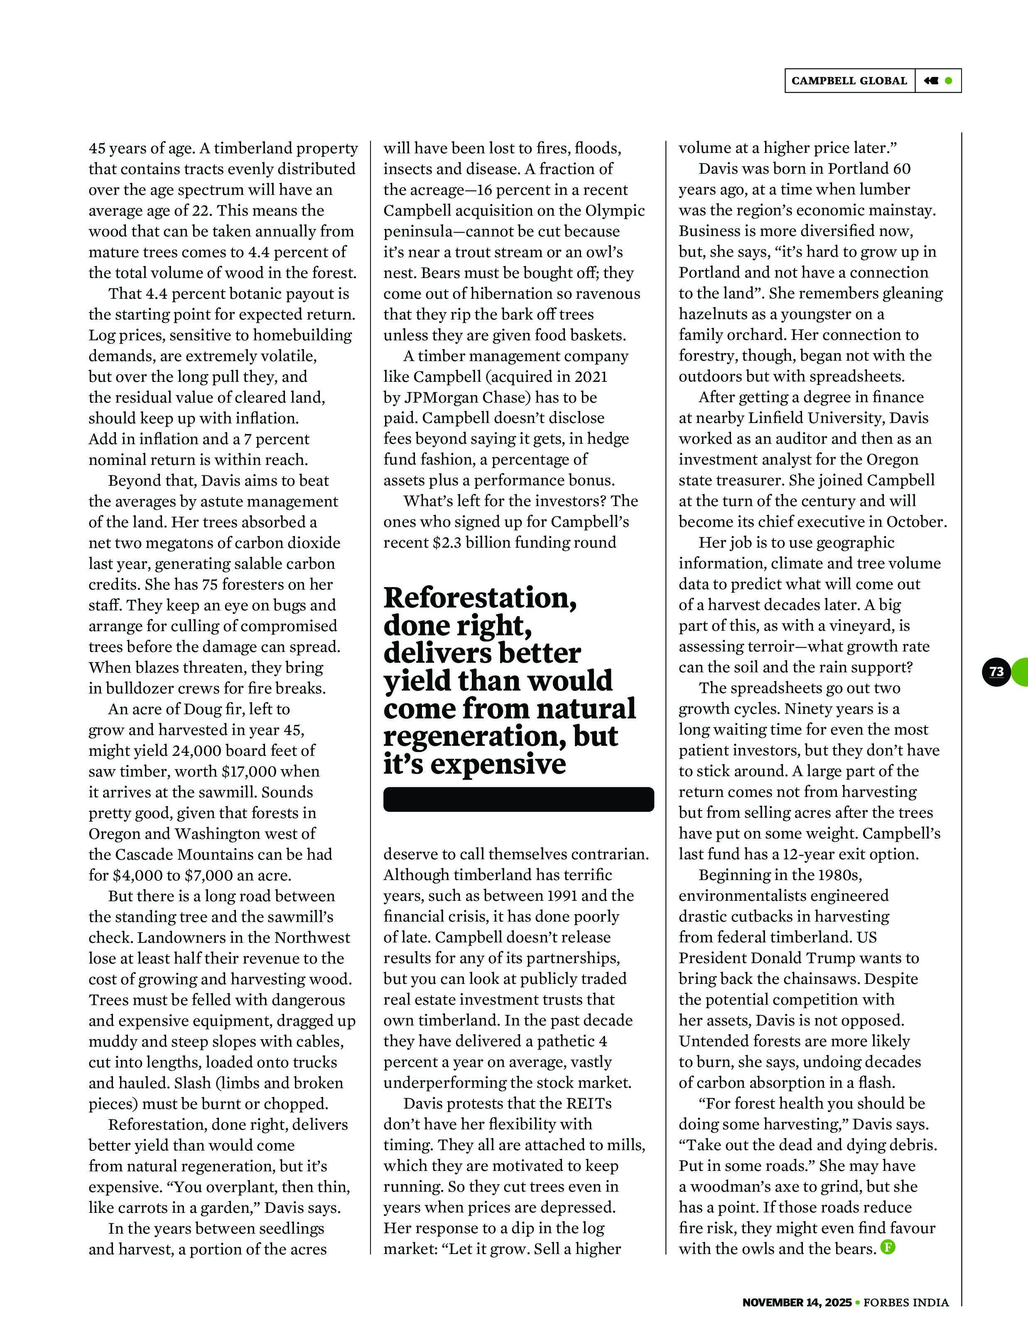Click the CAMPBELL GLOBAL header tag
point(849,81)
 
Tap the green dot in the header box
point(948,81)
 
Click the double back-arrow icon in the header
point(931,81)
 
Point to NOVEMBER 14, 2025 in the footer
point(797,1302)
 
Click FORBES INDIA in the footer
point(906,1302)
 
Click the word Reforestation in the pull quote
point(480,598)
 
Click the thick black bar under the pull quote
point(518,799)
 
